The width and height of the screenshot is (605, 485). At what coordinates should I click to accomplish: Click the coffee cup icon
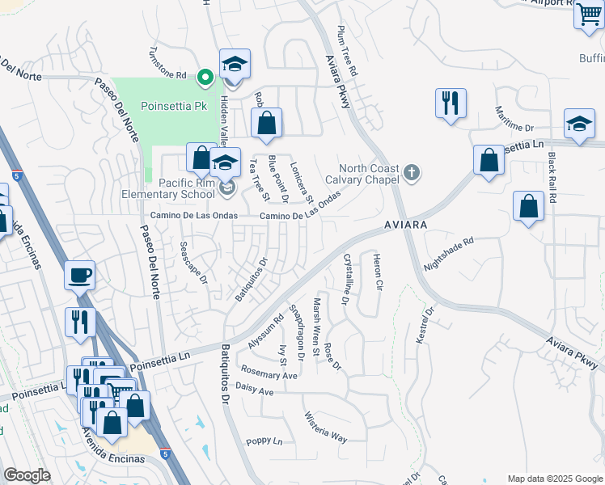(80, 275)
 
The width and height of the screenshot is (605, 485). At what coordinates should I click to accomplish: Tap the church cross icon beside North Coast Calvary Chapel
(412, 172)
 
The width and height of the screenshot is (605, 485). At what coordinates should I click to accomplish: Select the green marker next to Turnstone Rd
(205, 78)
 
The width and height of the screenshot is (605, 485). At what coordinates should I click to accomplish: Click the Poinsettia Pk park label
(174, 106)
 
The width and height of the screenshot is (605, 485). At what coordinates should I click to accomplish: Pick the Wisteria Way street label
(325, 428)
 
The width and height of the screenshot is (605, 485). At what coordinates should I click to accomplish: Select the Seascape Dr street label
(193, 263)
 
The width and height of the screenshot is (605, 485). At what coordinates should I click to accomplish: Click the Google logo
(27, 475)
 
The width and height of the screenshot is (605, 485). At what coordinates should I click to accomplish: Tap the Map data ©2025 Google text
(554, 479)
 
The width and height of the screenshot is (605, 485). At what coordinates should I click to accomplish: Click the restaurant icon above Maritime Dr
(450, 103)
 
